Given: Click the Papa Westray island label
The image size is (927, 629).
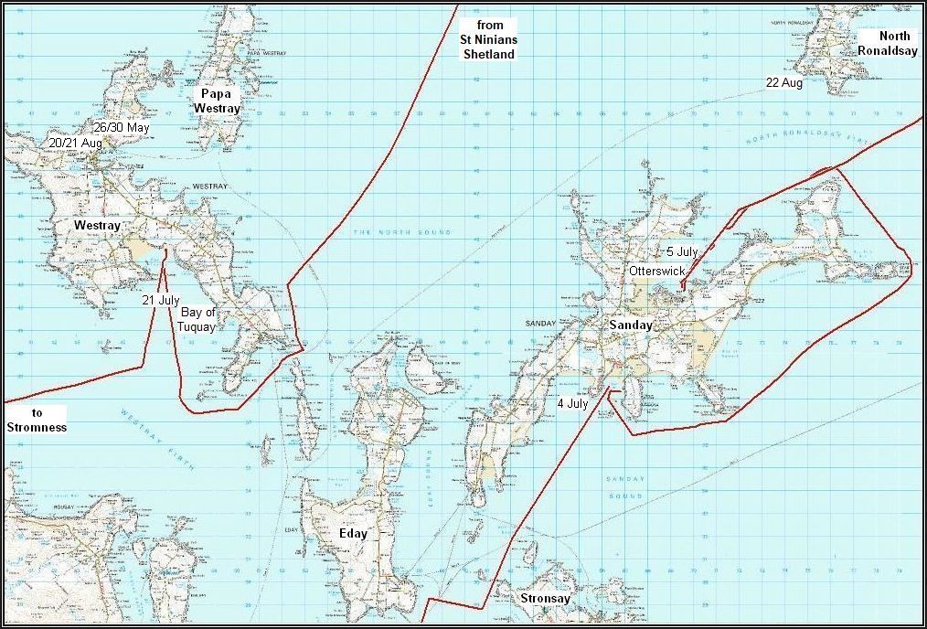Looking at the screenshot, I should point(217,101).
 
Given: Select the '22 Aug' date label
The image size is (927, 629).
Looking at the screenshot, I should point(784,82).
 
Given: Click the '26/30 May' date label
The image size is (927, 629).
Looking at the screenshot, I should point(121,128).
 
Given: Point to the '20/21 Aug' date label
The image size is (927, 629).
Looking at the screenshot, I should point(75,144).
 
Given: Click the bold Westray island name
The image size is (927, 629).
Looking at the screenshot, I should point(98,224).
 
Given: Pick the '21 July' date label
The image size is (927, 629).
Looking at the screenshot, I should point(161,300).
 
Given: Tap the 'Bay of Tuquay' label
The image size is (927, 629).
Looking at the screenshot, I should point(198,320).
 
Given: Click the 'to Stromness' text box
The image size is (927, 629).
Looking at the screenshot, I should point(37,420).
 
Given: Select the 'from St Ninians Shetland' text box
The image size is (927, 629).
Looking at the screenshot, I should point(487,39).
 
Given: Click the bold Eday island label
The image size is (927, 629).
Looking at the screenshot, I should point(353,534).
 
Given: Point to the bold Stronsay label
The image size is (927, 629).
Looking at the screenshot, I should point(545,600).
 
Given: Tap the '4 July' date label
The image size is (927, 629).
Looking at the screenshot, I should point(572,403).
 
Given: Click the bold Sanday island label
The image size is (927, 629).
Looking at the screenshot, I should point(631,325).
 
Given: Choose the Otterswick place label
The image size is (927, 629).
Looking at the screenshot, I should point(656,272).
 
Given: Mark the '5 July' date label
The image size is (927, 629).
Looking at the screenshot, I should point(682,251).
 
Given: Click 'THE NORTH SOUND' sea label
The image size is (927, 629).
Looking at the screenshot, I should point(403,232).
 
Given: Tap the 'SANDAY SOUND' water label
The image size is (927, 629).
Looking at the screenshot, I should point(625,487).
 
